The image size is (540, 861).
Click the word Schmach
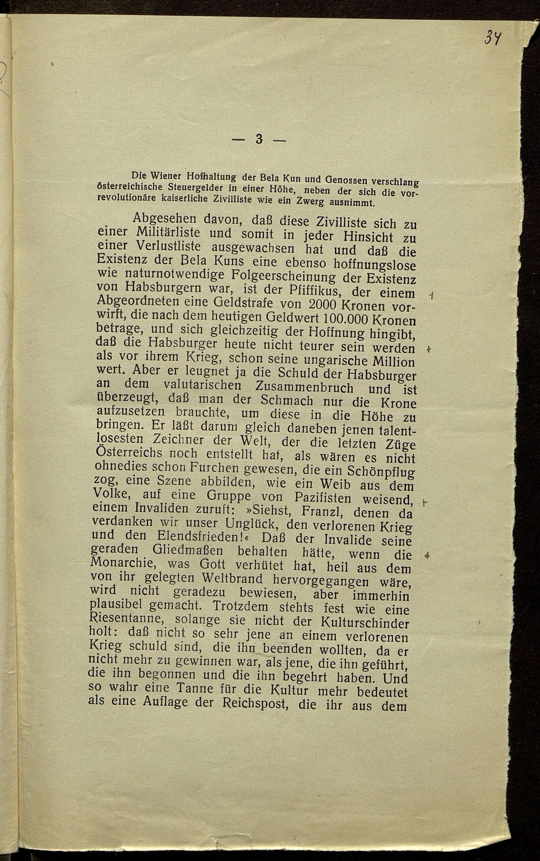[x=287, y=400]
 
